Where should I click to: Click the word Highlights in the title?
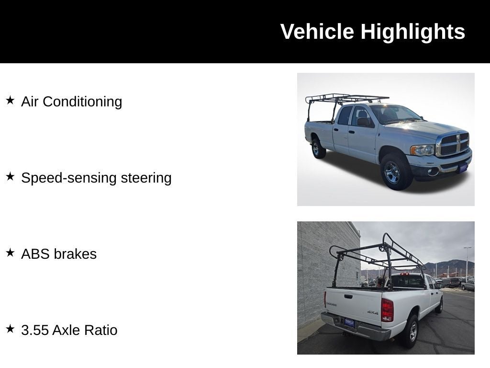coord(413,32)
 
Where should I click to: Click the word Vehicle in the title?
coord(317,32)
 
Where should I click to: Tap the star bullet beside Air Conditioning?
coord(11,101)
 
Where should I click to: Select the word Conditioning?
coord(82,102)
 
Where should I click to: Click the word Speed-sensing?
coord(69,178)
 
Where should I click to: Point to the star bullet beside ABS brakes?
coord(11,253)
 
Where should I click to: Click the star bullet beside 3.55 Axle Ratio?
coord(11,329)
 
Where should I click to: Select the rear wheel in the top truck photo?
coord(318,148)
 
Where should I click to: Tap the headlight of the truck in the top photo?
coord(423,150)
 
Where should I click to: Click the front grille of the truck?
coord(454,144)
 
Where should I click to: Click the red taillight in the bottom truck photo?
coord(387,310)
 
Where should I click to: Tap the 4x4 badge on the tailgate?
coord(372,312)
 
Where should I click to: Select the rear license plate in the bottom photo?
coord(349,322)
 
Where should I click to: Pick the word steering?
coord(146,178)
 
